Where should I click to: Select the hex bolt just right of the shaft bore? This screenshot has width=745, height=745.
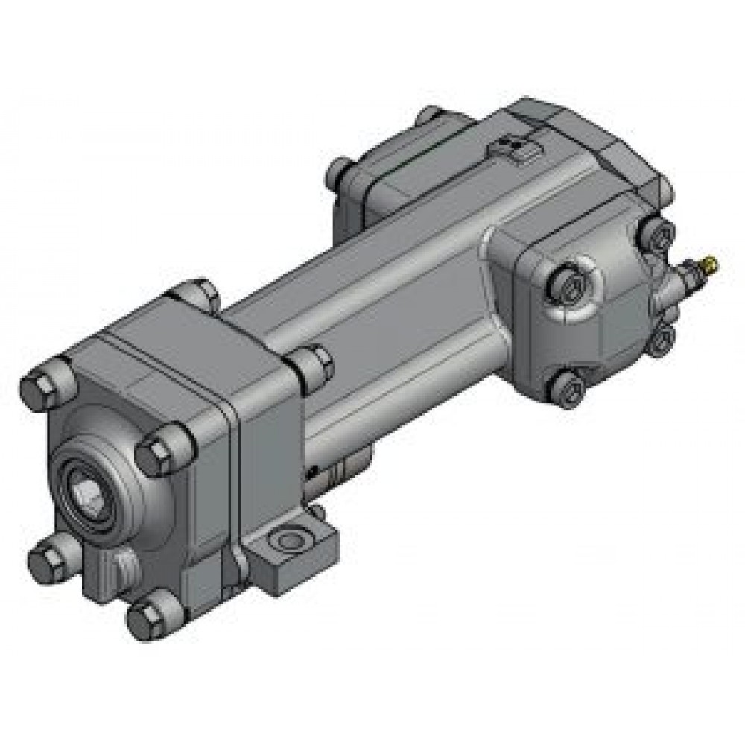tap(158, 448)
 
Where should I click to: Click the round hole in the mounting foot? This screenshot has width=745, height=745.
tap(287, 539)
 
